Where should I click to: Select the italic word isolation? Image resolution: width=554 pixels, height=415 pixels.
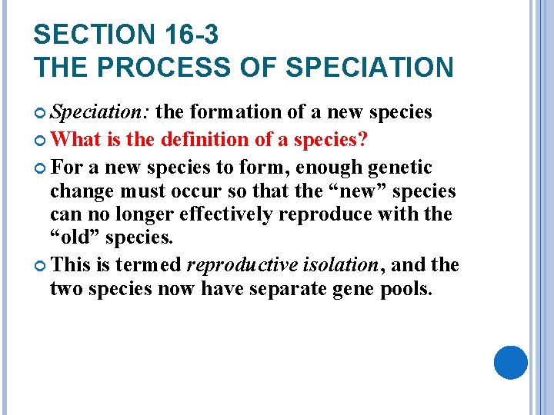point(341,265)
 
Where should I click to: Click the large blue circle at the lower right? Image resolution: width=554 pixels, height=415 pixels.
point(510,362)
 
